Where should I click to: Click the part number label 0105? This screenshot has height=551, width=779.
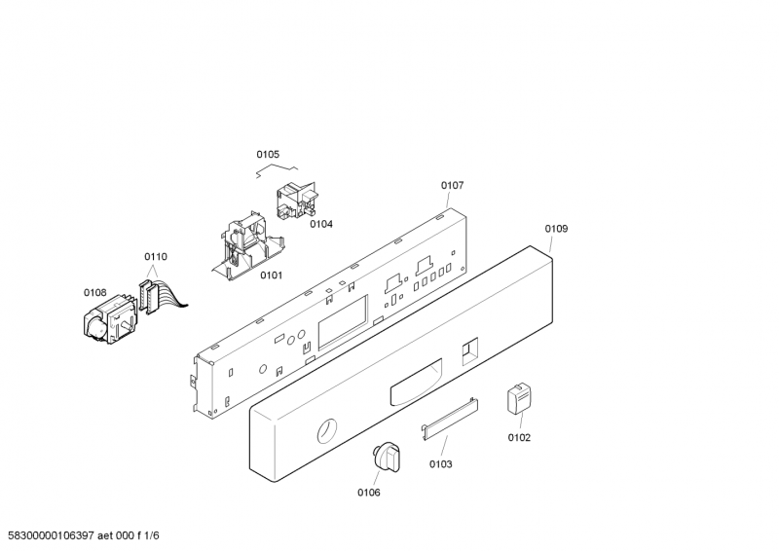[x=268, y=154]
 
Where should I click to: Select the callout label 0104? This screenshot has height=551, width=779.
[x=321, y=224]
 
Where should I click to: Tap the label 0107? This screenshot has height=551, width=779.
[x=452, y=185]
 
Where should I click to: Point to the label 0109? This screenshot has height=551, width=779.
[x=556, y=229]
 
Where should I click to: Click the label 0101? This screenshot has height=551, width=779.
[x=271, y=275]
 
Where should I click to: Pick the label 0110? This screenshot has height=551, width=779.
[x=156, y=257]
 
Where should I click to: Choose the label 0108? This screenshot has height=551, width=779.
[x=94, y=292]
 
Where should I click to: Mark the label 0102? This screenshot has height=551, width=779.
[x=519, y=437]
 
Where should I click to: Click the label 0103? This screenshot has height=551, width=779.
[x=440, y=464]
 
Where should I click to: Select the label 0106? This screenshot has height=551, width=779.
[x=368, y=493]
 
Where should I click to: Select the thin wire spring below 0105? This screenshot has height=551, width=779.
[x=275, y=171]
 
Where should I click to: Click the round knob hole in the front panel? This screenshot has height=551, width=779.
[x=328, y=430]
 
